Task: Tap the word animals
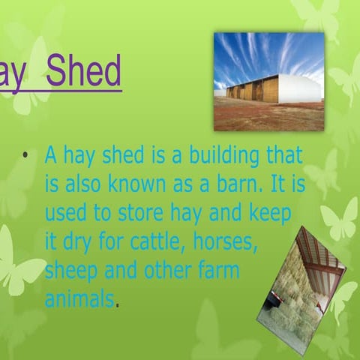pyautogui.click(x=80, y=299)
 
